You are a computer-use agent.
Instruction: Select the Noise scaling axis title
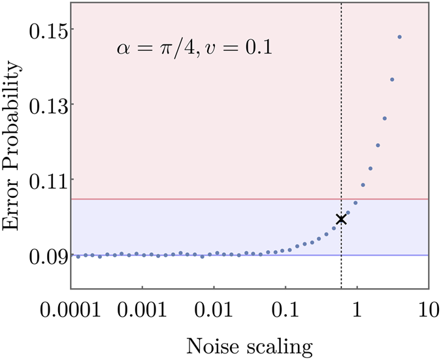(248, 344)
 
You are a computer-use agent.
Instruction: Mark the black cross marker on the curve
(340, 220)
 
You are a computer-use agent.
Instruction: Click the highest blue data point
(399, 37)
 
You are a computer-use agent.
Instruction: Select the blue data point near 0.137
(392, 80)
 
